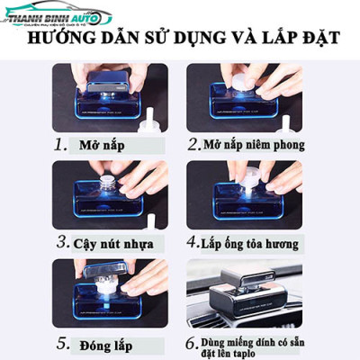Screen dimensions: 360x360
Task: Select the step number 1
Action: tap(60, 144)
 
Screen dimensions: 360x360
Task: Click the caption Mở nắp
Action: tap(103, 144)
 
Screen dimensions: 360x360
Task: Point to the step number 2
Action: tap(193, 144)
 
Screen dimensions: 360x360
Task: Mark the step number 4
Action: tap(193, 241)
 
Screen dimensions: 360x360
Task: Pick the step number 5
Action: tap(60, 342)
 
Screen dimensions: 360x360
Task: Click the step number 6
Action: tap(193, 342)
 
